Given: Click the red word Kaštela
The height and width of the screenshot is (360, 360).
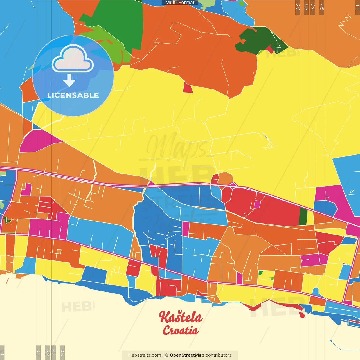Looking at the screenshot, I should pyautogui.click(x=181, y=317).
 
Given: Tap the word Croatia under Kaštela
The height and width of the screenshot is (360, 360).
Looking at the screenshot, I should pyautogui.click(x=181, y=330).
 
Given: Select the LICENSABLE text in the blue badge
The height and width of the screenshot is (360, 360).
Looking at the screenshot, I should pyautogui.click(x=73, y=95).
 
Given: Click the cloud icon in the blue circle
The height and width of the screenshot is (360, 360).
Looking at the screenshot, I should pyautogui.click(x=73, y=59).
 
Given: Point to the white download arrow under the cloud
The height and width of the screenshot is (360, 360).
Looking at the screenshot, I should pyautogui.click(x=69, y=81).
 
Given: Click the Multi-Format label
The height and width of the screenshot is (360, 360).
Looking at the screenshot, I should pyautogui.click(x=180, y=3).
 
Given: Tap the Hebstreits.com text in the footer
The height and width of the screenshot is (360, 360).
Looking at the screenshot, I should pyautogui.click(x=145, y=355).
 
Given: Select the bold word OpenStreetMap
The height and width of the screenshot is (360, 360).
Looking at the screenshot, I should pyautogui.click(x=187, y=355).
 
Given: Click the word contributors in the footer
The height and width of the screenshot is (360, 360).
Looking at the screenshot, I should pyautogui.click(x=219, y=355).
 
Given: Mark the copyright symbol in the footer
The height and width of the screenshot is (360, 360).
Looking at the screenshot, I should pyautogui.click(x=167, y=355).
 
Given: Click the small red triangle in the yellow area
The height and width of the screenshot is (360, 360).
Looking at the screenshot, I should pyautogui.click(x=188, y=88).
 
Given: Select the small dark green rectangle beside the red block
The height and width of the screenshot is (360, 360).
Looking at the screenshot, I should pyautogui.click(x=303, y=217).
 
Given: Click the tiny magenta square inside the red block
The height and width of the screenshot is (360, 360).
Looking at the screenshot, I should pyautogui.click(x=257, y=204).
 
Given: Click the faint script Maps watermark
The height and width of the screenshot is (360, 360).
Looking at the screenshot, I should pyautogui.click(x=177, y=148).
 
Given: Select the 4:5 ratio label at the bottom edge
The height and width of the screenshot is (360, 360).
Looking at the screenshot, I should pyautogui.click(x=38, y=352).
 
